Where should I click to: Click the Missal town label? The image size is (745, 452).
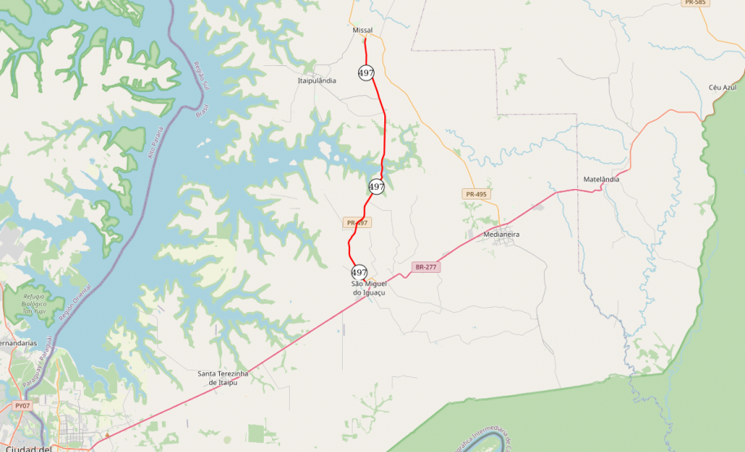tap(362, 30)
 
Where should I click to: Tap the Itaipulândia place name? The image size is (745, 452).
tap(317, 81)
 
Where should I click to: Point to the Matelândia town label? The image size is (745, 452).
tap(602, 179)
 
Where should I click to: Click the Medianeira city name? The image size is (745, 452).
tap(501, 235)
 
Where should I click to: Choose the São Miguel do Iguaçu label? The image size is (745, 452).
tap(368, 287)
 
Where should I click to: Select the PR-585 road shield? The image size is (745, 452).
tap(695, 3)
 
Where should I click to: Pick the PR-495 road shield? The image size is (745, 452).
tap(475, 194)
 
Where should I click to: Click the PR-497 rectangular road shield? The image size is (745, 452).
tap(357, 222)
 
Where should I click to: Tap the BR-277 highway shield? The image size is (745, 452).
tap(427, 267)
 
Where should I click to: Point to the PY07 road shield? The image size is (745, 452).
tap(22, 405)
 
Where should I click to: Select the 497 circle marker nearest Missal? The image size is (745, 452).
tap(366, 73)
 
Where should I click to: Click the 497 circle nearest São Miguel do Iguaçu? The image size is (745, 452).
tap(359, 272)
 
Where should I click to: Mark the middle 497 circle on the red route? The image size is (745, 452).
tap(376, 187)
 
